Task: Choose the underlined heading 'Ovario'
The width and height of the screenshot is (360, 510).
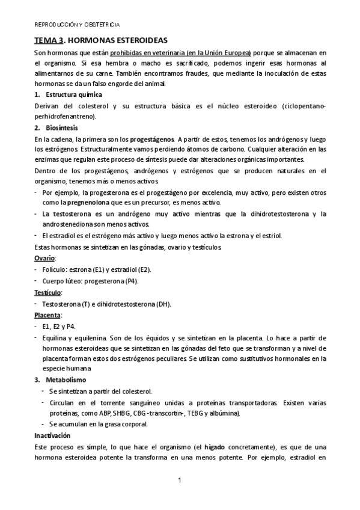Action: (x=44, y=257)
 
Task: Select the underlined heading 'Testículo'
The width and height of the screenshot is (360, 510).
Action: (x=48, y=292)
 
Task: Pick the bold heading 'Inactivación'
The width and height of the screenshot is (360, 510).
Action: (x=52, y=435)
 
